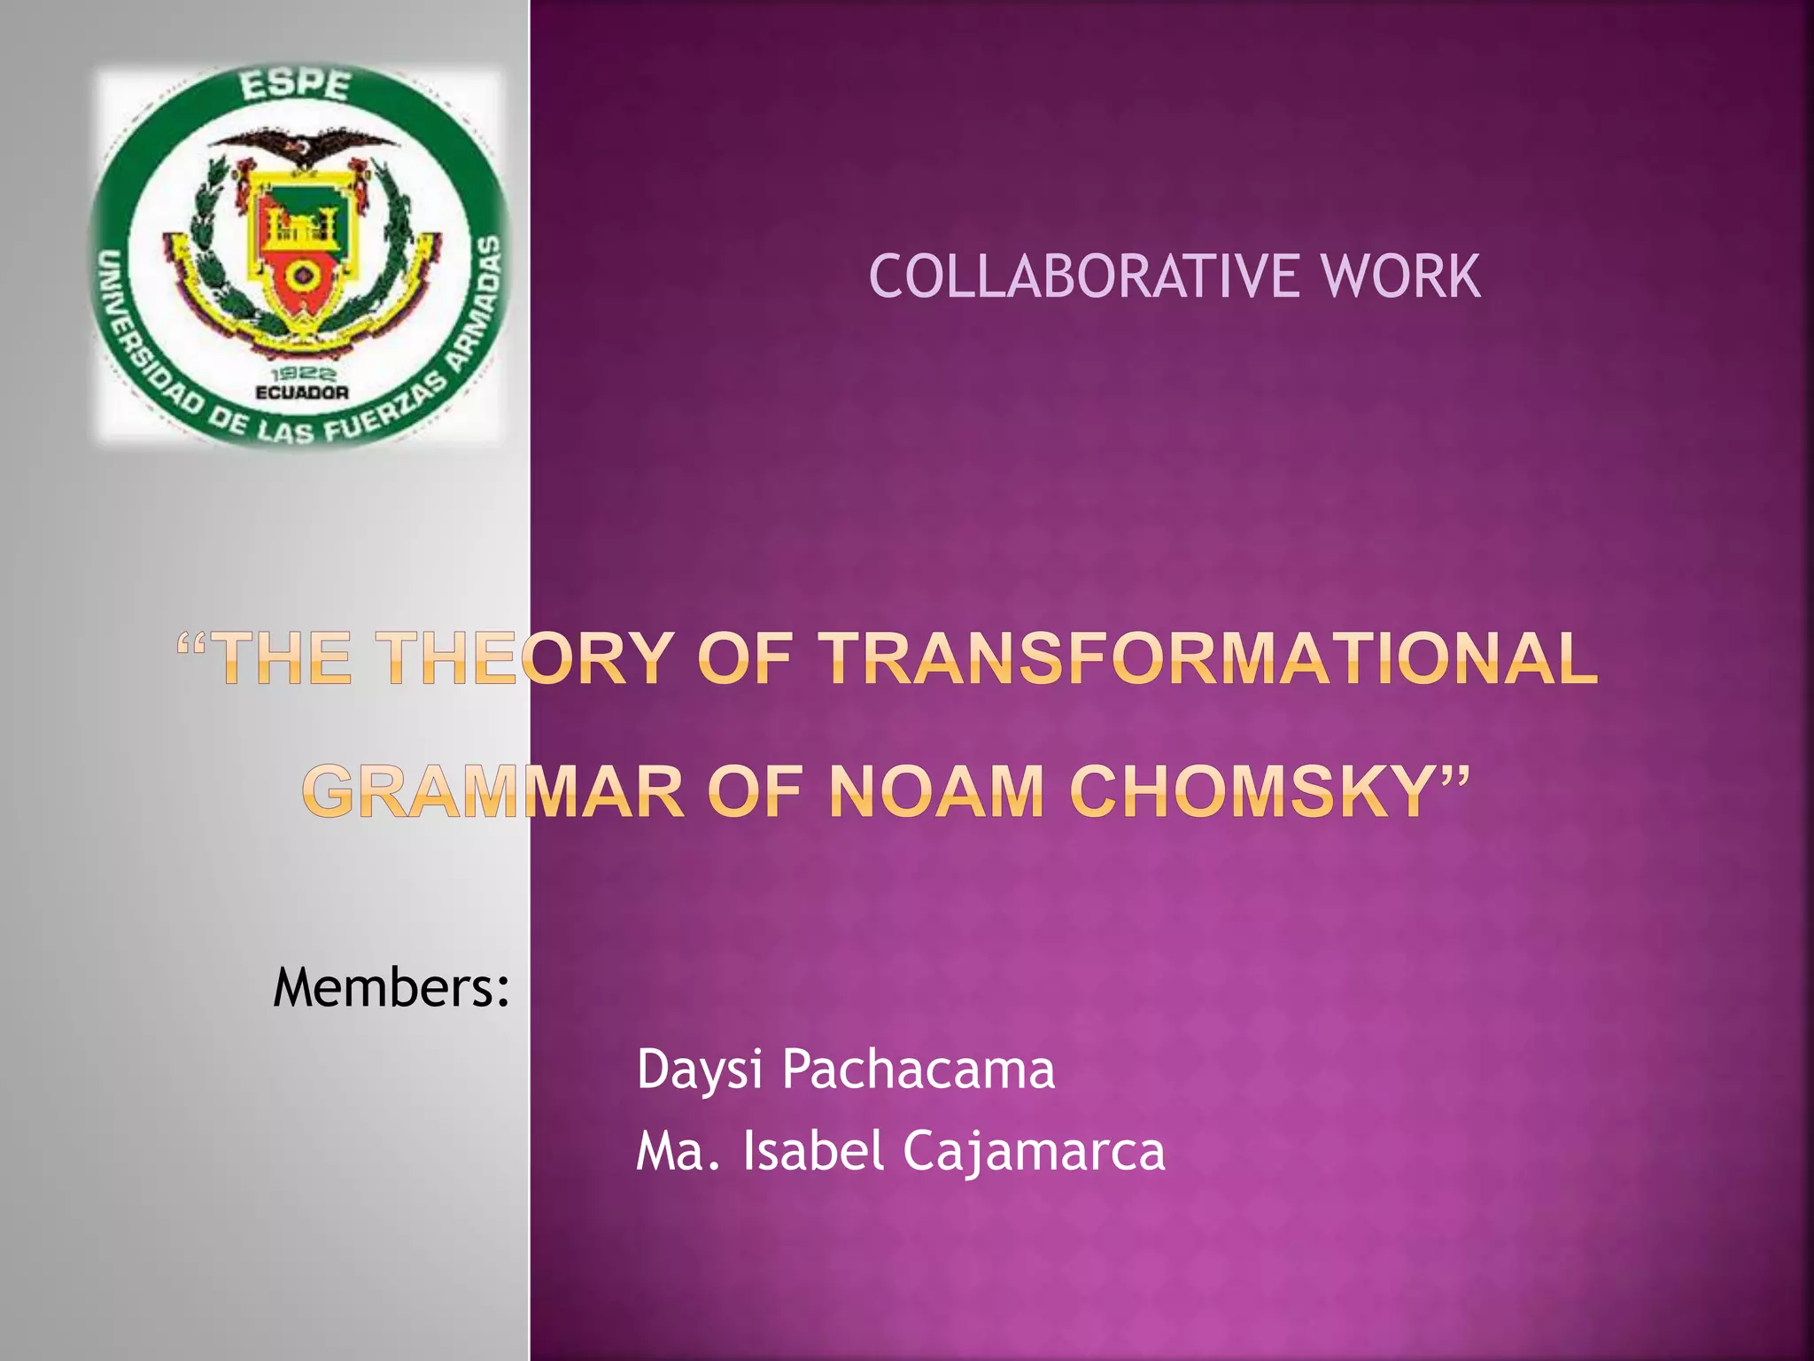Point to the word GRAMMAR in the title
495,791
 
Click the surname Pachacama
919,1069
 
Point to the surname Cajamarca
1034,1151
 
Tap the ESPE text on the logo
296,86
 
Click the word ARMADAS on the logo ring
478,301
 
